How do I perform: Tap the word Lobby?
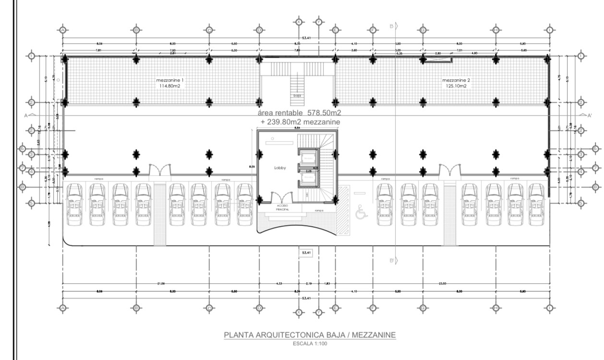pos(280,168)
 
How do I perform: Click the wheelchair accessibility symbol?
pos(361,211)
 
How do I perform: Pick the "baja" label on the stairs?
pos(297,96)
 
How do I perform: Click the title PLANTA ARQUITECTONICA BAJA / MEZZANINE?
pos(310,335)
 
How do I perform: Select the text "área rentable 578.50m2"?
pos(299,113)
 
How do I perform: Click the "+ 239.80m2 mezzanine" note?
pos(300,122)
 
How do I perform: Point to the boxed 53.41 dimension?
pos(306,252)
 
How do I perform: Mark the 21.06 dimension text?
pos(162,284)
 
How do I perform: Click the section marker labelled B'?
pos(393,260)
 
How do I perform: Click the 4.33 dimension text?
pos(279,284)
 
